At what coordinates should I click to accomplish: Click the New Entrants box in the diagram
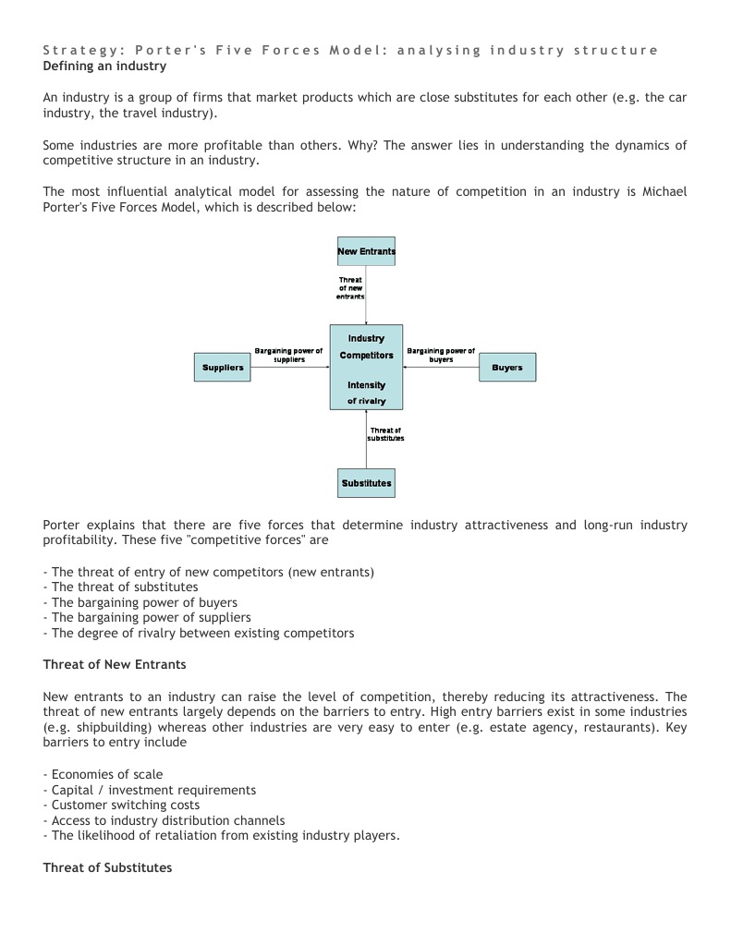coord(366,251)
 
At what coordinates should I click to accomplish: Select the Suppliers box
coord(222,368)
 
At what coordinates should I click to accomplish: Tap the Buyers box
coord(506,368)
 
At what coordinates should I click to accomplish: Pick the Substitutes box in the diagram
coord(366,483)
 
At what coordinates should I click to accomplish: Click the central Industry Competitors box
coord(366,367)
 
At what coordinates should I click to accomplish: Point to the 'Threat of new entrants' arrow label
coord(350,288)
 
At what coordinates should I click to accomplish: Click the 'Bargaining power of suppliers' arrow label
coord(288,355)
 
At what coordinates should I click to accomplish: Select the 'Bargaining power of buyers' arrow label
coord(441,355)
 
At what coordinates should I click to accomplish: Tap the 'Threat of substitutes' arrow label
coord(385,434)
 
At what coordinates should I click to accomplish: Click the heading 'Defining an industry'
coord(104,67)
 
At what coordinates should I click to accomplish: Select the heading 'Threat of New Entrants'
coord(115,664)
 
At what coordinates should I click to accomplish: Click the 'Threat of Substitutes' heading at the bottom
coord(107,868)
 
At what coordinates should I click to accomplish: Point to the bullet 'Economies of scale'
coord(106,774)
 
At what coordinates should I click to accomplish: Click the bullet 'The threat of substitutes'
coord(125,587)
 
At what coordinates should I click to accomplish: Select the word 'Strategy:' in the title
coord(84,50)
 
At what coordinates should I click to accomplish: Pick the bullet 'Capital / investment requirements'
coord(153,790)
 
